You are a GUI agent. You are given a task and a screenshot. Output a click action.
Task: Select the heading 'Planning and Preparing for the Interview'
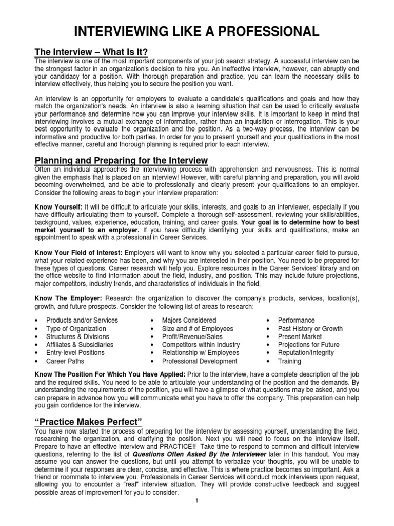[x=121, y=160]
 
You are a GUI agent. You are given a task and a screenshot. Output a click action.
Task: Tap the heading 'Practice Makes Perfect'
[x=87, y=421]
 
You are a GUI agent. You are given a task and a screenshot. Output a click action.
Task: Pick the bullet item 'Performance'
[x=297, y=320]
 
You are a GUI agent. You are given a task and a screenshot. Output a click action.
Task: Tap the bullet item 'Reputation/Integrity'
[x=306, y=353]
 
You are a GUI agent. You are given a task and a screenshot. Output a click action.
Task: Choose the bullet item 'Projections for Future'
[x=308, y=345]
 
